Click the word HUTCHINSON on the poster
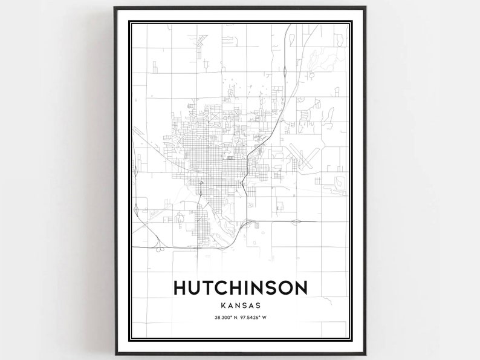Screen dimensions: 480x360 (x=240, y=287)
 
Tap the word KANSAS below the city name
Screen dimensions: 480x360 (x=240, y=305)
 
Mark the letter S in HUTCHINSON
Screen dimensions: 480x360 (x=270, y=287)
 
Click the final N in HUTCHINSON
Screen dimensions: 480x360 (x=300, y=287)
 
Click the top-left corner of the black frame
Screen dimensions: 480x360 (x=115, y=8)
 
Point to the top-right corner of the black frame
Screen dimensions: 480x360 (x=365, y=8)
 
